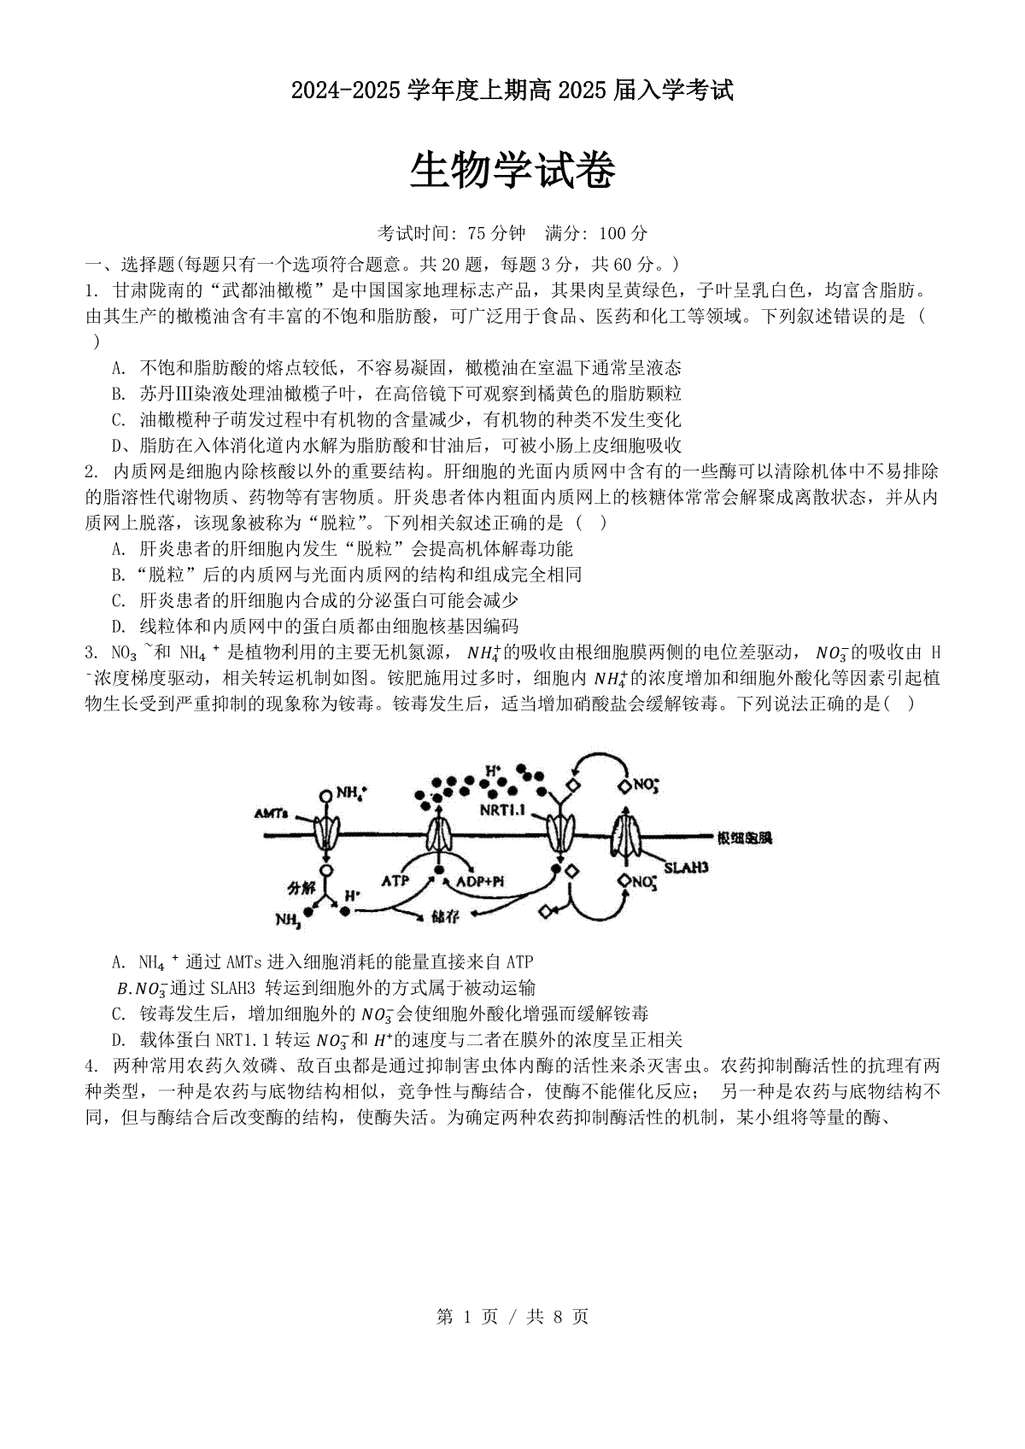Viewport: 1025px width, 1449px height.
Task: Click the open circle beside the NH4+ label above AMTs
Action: [326, 795]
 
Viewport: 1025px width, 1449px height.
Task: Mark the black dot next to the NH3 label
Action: [308, 912]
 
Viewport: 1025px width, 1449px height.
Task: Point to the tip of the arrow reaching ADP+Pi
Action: [476, 869]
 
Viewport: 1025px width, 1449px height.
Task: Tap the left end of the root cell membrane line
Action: [264, 835]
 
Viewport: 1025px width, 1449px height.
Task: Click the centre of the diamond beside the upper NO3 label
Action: [624, 786]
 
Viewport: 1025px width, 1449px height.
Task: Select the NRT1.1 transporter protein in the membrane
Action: [560, 834]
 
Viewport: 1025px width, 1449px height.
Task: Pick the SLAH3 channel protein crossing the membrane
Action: [625, 836]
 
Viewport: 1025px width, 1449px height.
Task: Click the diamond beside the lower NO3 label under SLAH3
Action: [624, 879]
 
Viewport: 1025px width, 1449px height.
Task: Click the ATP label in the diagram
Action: [395, 880]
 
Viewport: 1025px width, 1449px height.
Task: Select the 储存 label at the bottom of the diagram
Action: [445, 916]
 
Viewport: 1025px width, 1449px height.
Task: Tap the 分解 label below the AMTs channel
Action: [302, 888]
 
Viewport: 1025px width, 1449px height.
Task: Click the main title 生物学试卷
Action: [512, 172]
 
